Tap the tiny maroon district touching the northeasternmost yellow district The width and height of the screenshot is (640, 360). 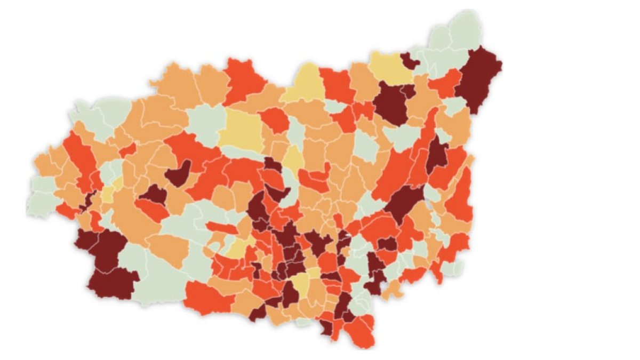click(409, 60)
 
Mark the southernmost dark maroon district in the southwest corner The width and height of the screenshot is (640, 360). click(112, 283)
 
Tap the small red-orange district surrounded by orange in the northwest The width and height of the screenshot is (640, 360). click(275, 120)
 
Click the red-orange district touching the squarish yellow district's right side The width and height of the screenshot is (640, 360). click(275, 120)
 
